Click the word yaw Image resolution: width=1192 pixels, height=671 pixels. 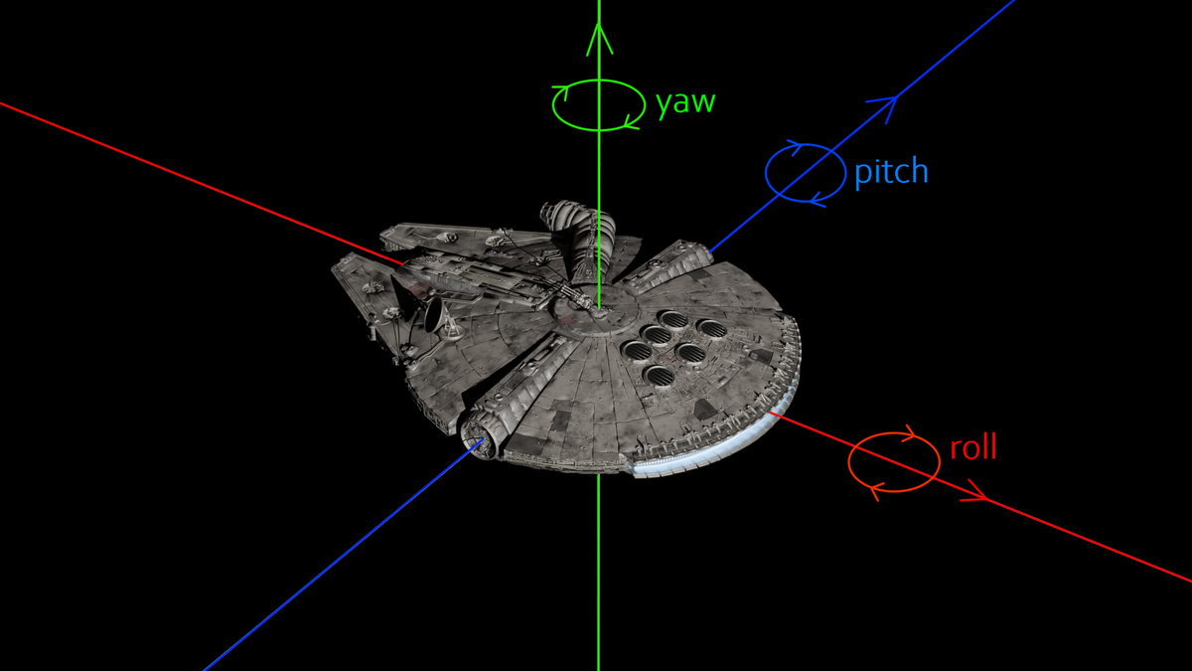click(685, 103)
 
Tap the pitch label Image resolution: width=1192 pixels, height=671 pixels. click(891, 172)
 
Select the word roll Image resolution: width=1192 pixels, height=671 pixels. click(972, 448)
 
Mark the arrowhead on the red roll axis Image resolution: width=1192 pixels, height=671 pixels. click(975, 493)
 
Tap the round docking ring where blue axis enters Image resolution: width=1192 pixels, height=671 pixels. click(480, 443)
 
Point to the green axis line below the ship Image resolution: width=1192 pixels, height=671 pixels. click(598, 577)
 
